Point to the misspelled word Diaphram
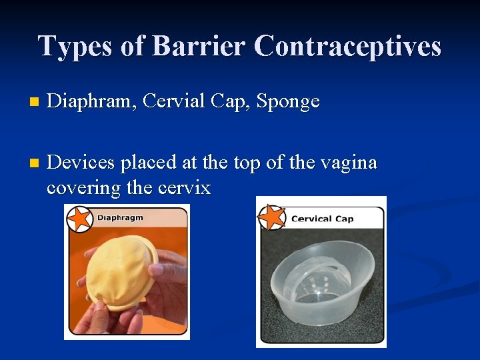point(90,101)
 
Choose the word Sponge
point(288,102)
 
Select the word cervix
point(185,187)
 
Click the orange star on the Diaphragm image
point(79,219)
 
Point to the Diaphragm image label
point(121,217)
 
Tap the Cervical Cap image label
point(322,219)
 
